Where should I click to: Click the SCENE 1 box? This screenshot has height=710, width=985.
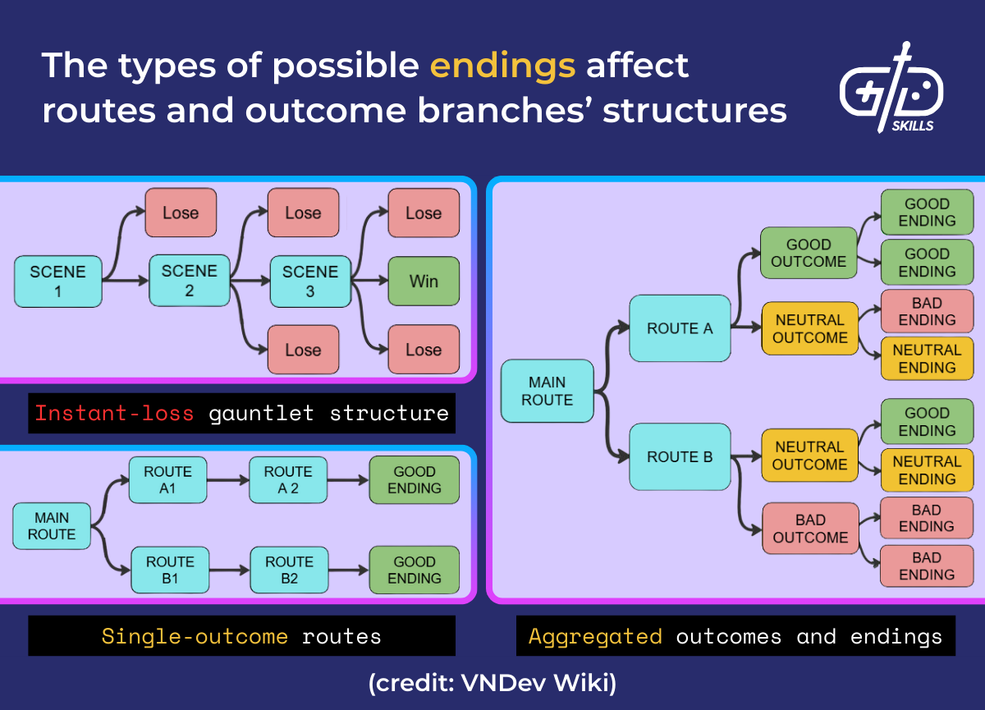57,281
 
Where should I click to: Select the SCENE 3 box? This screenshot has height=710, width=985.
309,281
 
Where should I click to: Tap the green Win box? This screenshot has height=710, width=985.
423,281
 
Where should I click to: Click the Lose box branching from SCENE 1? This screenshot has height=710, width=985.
181,213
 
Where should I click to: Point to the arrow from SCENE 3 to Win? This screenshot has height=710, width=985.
369,281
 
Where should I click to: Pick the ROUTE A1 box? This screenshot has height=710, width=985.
167,480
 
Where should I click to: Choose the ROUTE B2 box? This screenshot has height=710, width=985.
289,570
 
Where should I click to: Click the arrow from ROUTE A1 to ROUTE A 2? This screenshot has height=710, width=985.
227,480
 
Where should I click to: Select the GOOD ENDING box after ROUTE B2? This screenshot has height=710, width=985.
414,570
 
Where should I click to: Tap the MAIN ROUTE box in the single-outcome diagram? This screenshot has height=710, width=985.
52,526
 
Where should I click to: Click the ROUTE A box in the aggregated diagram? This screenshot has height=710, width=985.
680,328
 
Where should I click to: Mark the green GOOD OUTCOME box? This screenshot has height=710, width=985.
809,254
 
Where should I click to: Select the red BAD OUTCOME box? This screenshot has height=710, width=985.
809,529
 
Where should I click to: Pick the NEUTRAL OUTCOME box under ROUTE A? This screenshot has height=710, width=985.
809,328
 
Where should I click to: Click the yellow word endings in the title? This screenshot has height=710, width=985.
502,65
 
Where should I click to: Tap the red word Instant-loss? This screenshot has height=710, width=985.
114,413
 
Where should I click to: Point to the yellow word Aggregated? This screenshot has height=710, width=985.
595,636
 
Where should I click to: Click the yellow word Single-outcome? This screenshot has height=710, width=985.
195,636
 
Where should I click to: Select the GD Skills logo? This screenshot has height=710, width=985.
891,89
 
